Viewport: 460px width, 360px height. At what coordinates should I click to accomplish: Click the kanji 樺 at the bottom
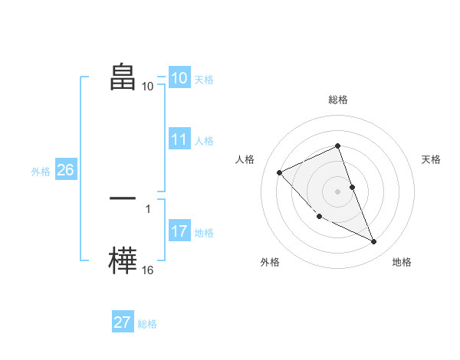pyautogui.click(x=123, y=261)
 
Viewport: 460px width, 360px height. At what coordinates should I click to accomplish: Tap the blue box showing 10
pyautogui.click(x=179, y=78)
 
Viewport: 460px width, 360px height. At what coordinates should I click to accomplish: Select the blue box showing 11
pyautogui.click(x=179, y=139)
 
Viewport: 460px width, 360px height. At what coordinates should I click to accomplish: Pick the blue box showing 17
pyautogui.click(x=179, y=231)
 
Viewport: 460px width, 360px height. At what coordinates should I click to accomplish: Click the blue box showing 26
pyautogui.click(x=65, y=170)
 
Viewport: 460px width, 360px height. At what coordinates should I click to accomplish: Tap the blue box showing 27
pyautogui.click(x=123, y=322)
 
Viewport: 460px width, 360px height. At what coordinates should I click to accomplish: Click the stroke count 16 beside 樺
pyautogui.click(x=148, y=270)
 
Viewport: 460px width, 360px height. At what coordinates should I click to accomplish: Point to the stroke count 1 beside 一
pyautogui.click(x=148, y=208)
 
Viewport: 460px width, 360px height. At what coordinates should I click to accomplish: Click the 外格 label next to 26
pyautogui.click(x=41, y=172)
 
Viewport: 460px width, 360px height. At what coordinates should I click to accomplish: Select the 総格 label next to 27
pyautogui.click(x=147, y=324)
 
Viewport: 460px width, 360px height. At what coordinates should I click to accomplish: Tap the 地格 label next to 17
pyautogui.click(x=204, y=233)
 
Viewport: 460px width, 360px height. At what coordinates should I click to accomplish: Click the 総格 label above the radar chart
pyautogui.click(x=337, y=100)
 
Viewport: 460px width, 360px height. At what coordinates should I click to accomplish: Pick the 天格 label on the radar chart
pyautogui.click(x=432, y=159)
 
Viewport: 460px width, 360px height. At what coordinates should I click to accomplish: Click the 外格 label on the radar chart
pyautogui.click(x=270, y=262)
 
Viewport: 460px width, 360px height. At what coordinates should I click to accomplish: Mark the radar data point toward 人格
pyautogui.click(x=280, y=172)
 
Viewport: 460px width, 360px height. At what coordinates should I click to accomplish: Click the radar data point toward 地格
pyautogui.click(x=374, y=242)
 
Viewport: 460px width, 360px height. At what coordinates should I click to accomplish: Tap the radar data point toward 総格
pyautogui.click(x=337, y=146)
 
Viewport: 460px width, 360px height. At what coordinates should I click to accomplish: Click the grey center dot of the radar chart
pyautogui.click(x=337, y=191)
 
